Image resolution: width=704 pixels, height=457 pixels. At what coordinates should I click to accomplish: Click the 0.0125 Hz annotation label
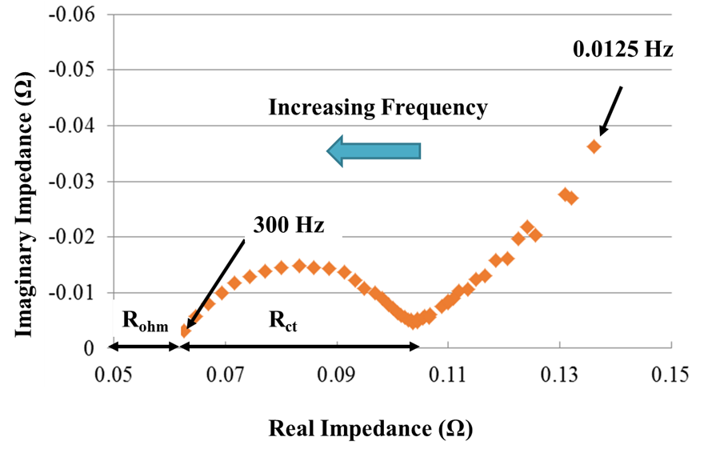[x=623, y=50]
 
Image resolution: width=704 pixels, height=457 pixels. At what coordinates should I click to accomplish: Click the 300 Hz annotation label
[x=289, y=225]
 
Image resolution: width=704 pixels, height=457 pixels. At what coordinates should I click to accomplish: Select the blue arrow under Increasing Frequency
[x=374, y=150]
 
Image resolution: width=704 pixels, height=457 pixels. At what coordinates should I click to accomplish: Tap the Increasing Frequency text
[x=377, y=107]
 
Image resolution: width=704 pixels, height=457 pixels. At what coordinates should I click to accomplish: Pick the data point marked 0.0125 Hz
[x=594, y=146]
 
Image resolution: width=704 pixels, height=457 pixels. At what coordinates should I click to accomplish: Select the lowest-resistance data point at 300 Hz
[x=186, y=331]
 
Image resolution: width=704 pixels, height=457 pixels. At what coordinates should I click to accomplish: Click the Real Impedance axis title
[x=370, y=428]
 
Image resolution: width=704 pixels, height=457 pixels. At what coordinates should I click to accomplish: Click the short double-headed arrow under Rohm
[x=145, y=347]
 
